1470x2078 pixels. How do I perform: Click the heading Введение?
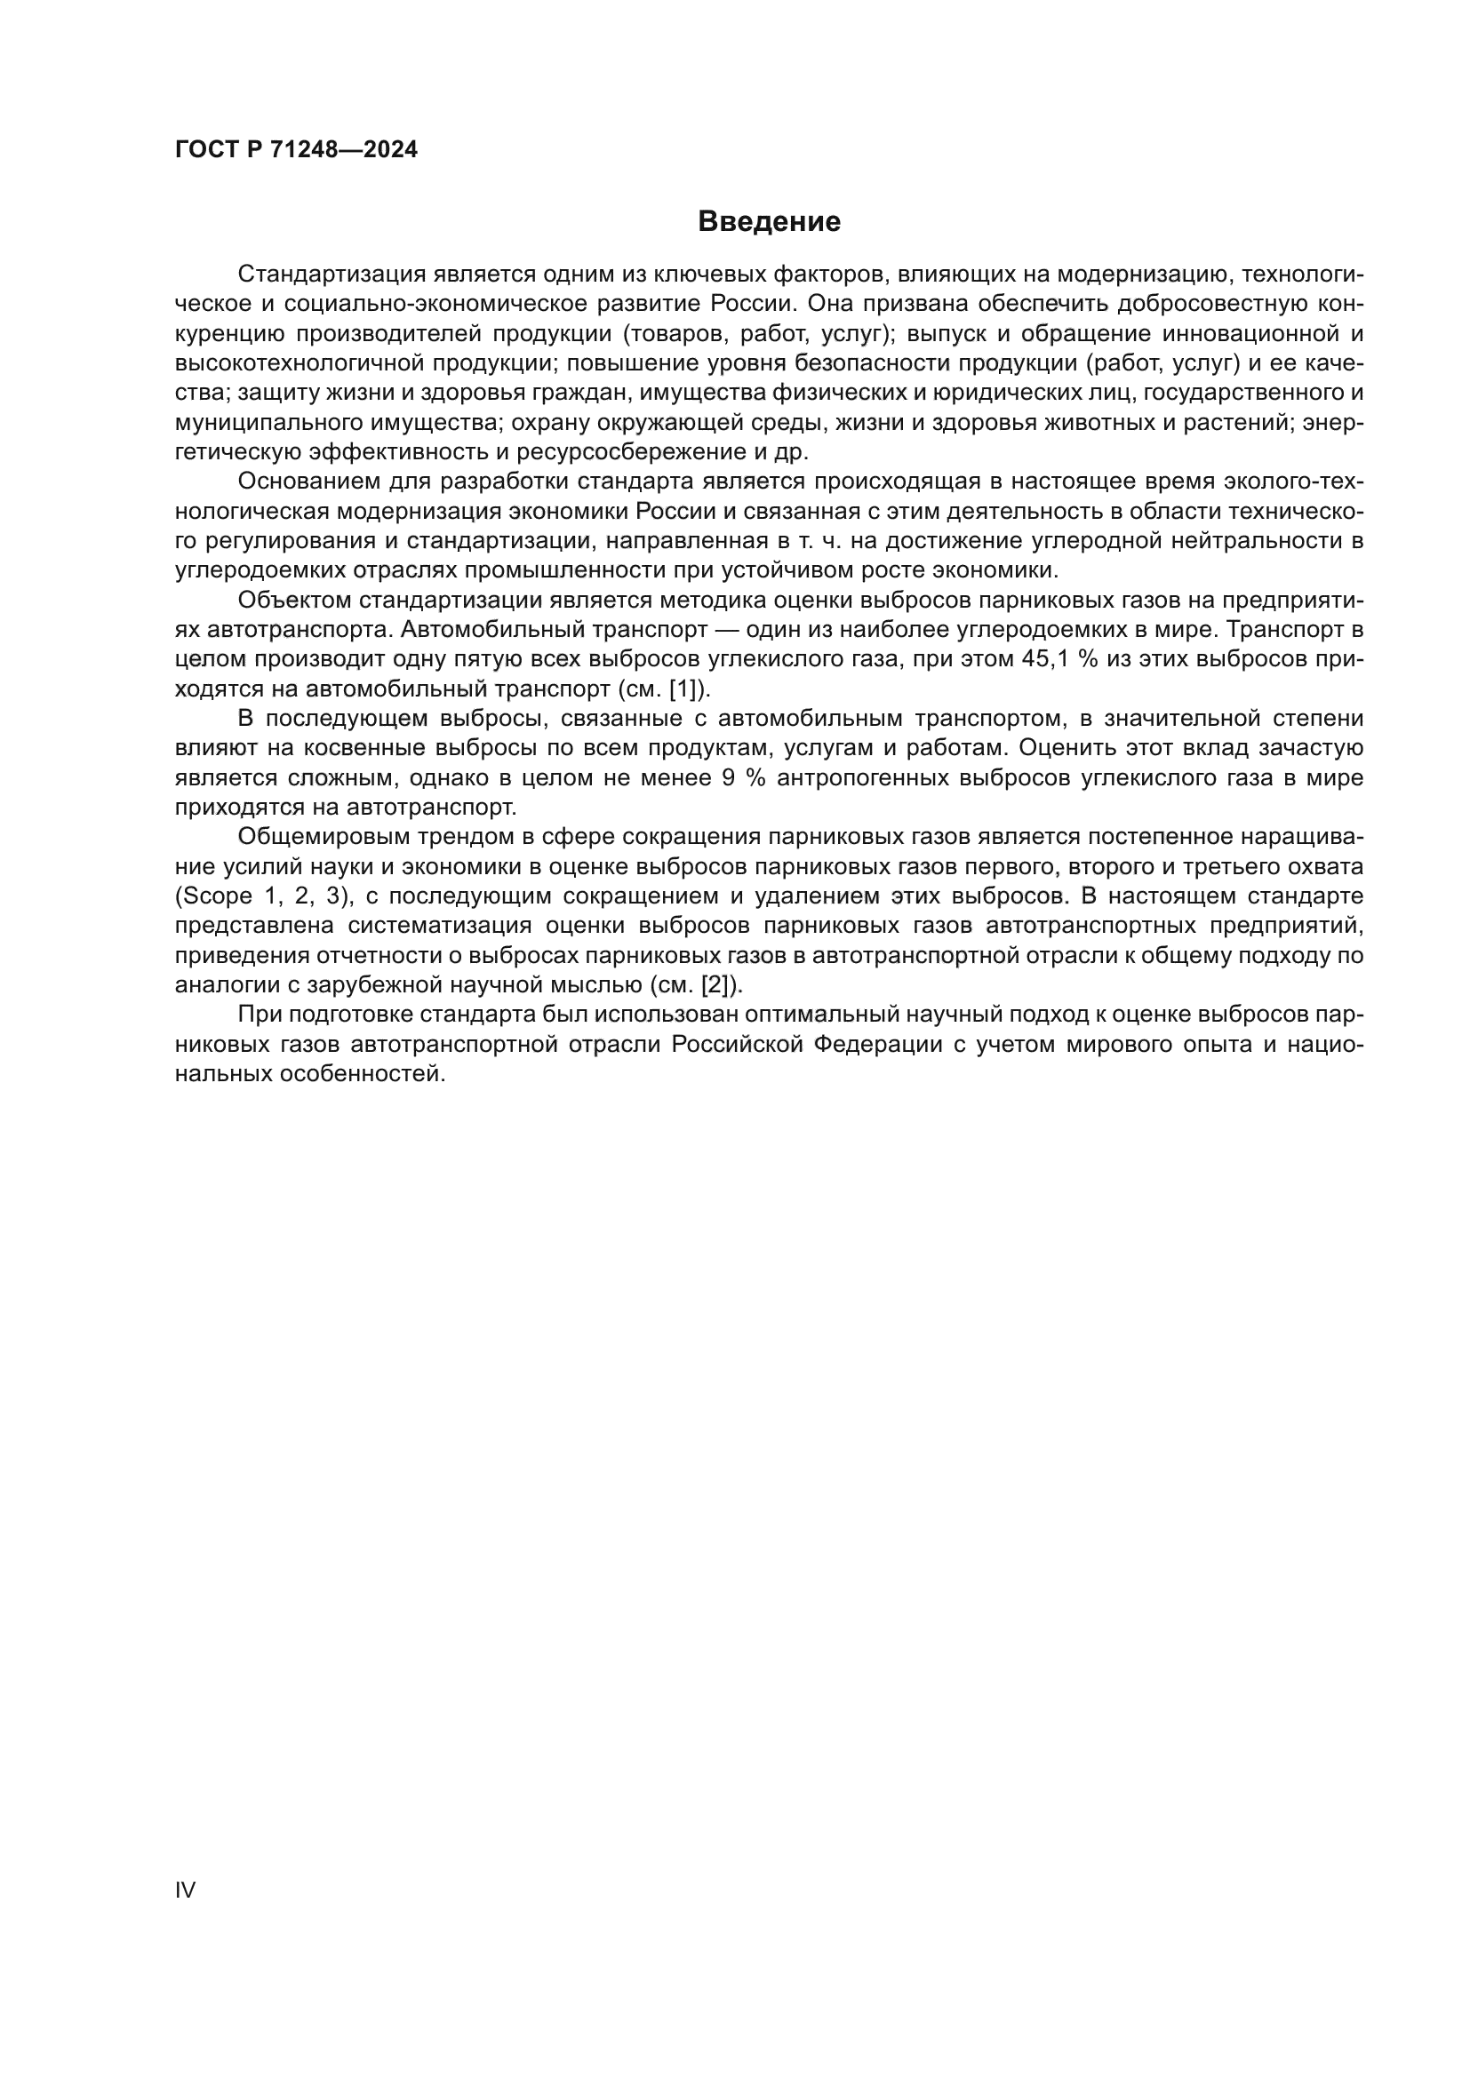[769, 222]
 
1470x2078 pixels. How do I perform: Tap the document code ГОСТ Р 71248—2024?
[296, 150]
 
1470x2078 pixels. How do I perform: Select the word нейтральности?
[1261, 540]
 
